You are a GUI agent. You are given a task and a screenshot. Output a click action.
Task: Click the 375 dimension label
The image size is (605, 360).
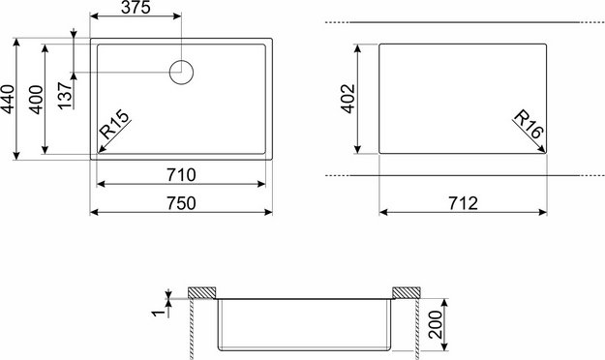[136, 8]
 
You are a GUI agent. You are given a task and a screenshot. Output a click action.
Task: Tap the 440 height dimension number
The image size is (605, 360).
[8, 100]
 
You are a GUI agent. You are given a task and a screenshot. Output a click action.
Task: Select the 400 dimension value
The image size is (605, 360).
[36, 100]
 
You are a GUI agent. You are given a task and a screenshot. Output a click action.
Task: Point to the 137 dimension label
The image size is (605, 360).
[65, 95]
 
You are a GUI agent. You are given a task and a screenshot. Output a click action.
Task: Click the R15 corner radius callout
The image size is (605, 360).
[114, 124]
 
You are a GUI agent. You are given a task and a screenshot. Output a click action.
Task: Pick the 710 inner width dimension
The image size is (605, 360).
[181, 175]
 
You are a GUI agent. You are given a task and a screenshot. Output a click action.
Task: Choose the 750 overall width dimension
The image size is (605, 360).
[181, 203]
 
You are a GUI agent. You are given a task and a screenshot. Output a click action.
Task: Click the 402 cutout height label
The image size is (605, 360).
[348, 99]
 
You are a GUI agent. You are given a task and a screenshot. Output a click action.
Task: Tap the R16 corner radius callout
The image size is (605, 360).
[529, 124]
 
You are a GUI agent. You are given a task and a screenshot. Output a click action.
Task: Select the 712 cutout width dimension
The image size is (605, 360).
[463, 203]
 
